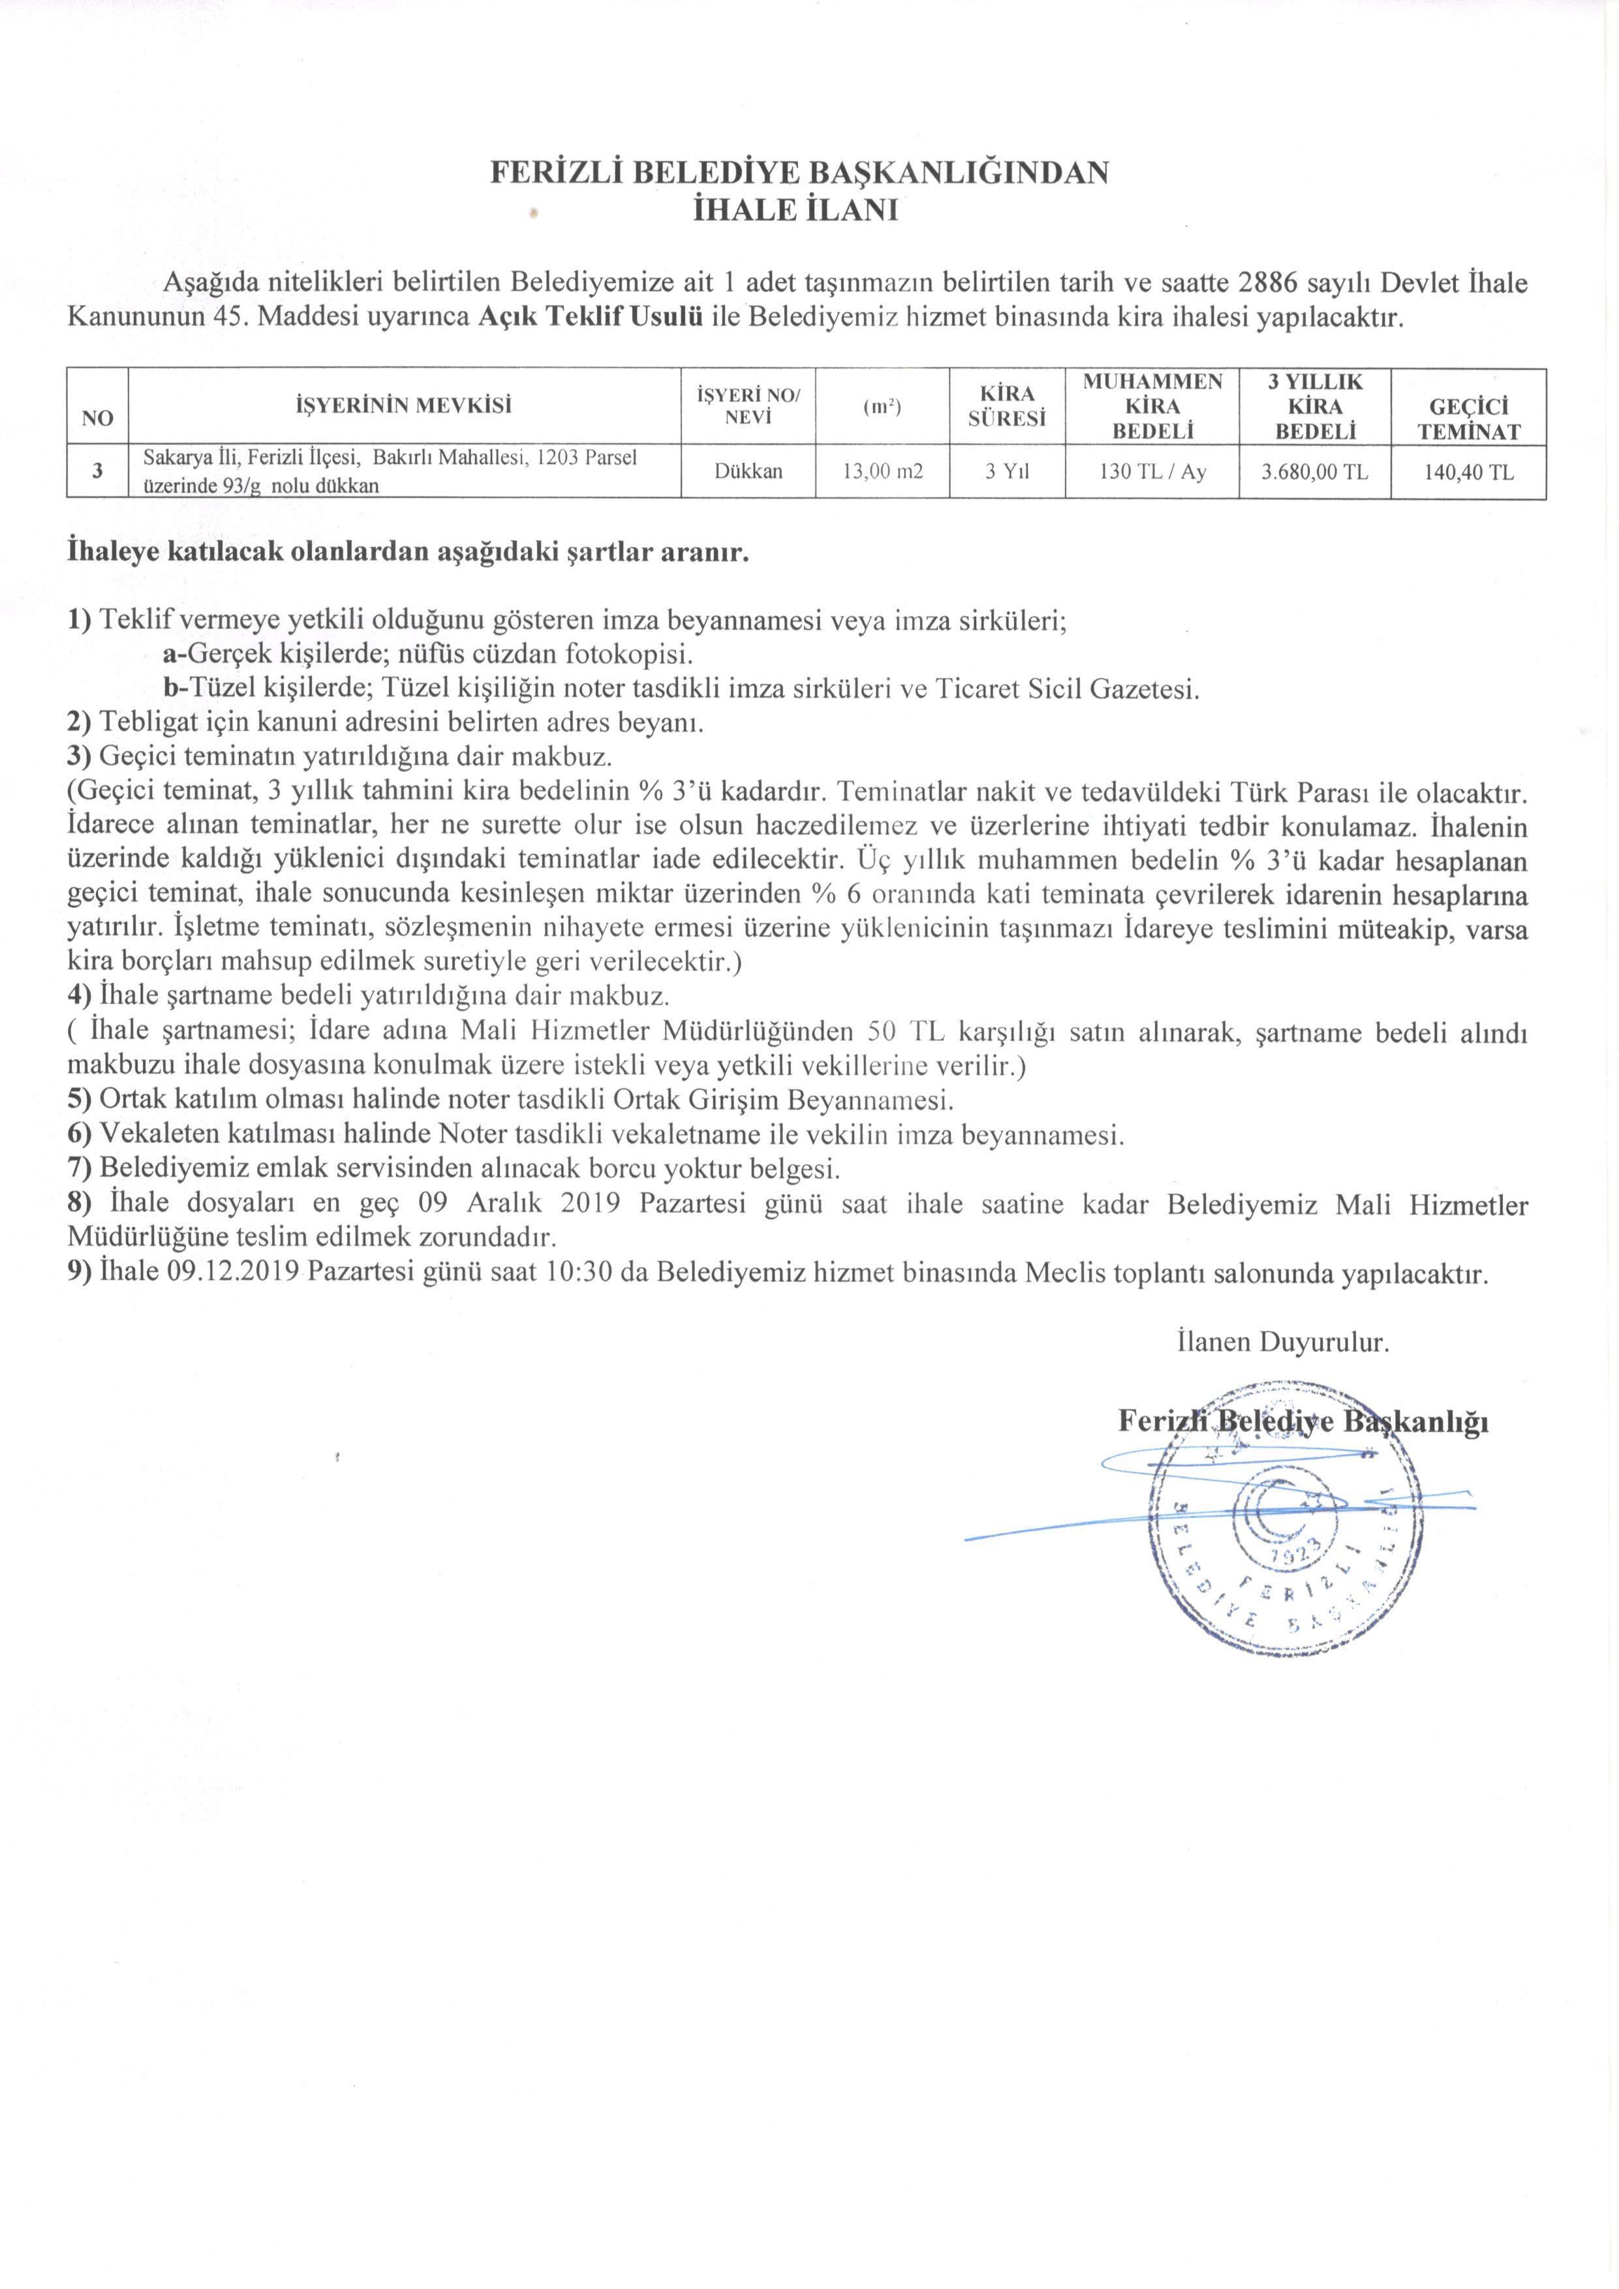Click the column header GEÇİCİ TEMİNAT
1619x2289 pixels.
click(x=1468, y=419)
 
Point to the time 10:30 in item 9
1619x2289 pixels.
click(x=586, y=1274)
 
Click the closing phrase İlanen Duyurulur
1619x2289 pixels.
click(x=1283, y=1342)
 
